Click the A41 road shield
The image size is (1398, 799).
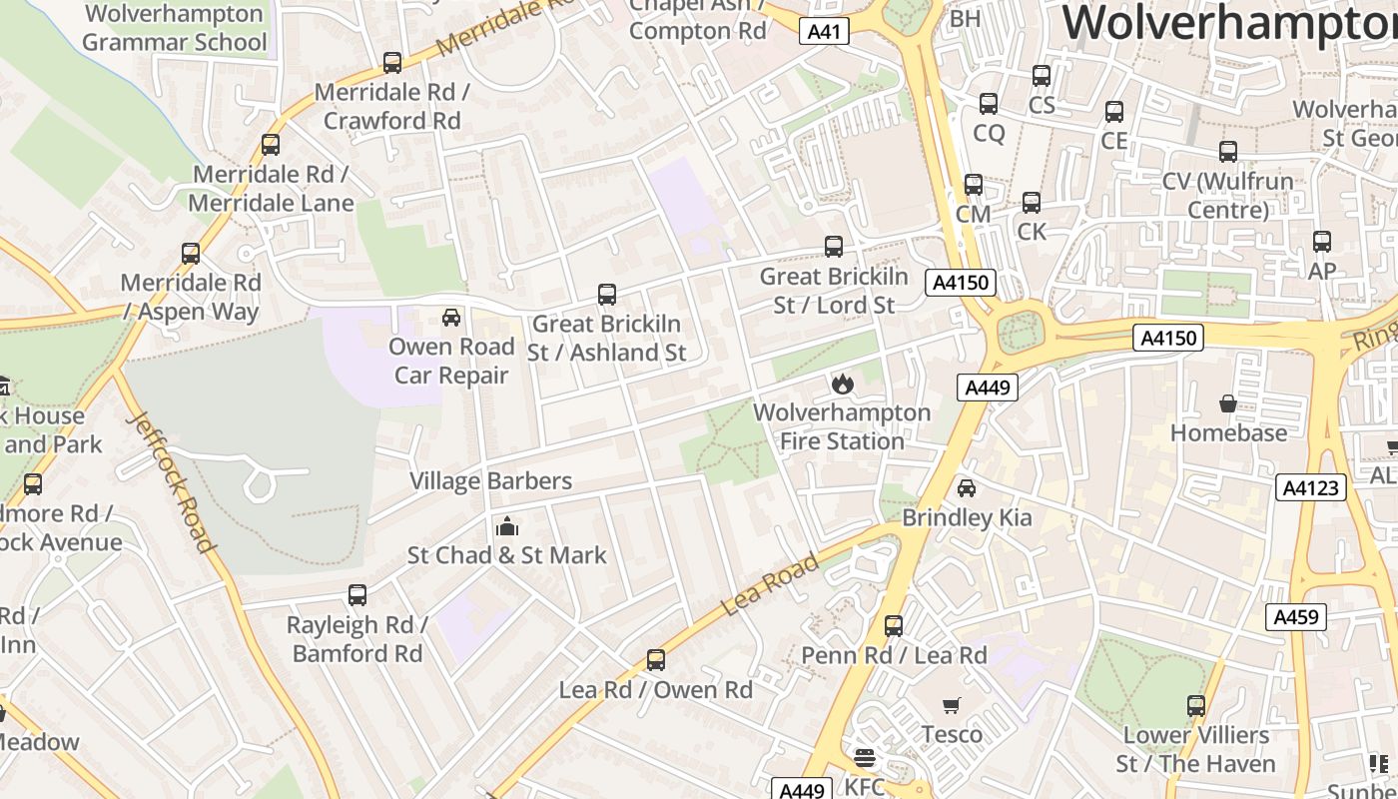pos(824,32)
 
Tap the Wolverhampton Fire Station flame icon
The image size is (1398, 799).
pos(842,384)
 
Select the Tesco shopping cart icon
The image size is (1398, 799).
pos(952,705)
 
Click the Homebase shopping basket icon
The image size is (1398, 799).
pos(1228,403)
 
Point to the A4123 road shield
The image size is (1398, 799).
pos(1311,487)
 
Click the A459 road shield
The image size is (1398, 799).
pos(1297,617)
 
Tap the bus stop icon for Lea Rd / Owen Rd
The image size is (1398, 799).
pos(655,660)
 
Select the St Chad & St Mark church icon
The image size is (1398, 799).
pos(506,525)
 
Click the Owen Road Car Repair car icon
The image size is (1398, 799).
pos(451,318)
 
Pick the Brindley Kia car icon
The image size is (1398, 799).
pos(966,488)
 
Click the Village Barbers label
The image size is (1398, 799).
pos(490,480)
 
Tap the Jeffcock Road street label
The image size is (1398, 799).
pos(171,482)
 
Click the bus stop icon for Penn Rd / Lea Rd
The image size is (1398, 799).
pos(894,626)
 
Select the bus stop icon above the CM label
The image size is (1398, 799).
pos(973,185)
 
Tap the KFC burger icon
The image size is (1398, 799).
pos(864,758)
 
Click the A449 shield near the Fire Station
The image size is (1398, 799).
pos(987,388)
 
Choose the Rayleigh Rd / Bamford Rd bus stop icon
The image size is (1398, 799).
pos(357,595)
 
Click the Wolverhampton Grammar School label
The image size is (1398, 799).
pos(175,28)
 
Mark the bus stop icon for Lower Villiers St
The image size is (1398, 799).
pos(1196,706)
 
